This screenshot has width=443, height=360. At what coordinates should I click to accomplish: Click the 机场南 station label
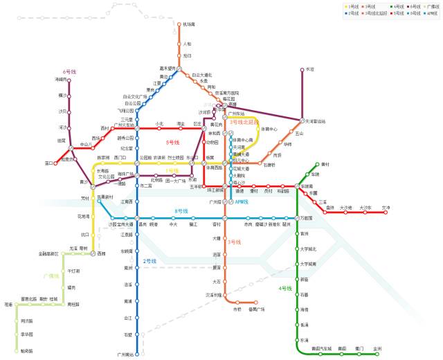point(189,24)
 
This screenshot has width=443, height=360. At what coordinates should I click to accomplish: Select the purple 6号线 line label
point(69,71)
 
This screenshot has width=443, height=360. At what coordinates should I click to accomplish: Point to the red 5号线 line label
point(172,142)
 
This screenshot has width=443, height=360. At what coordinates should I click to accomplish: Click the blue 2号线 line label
point(150,261)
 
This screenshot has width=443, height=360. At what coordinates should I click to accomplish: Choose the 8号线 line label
point(181,211)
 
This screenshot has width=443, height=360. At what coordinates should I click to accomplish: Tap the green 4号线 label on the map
point(285,288)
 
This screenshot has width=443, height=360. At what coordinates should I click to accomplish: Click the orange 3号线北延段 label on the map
point(244,122)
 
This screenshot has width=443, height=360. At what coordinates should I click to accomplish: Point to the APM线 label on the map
point(242,202)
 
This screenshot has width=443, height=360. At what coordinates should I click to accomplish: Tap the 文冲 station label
point(386,208)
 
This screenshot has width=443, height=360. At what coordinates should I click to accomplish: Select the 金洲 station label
point(377,348)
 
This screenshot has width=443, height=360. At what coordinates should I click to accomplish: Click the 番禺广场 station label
point(257,309)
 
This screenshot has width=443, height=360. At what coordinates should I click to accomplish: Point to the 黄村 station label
point(326,165)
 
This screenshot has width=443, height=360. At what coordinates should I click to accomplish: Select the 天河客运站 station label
point(316,121)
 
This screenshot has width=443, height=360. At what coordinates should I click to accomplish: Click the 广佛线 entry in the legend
point(431,6)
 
